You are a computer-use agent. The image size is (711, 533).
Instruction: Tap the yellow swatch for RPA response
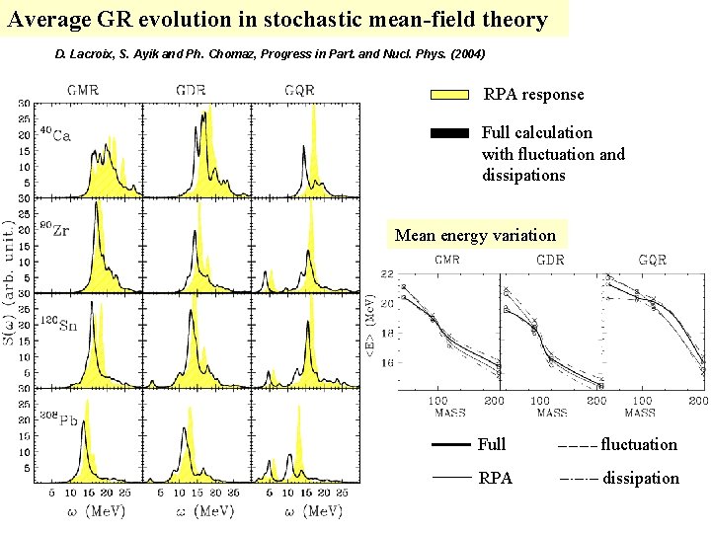[x=449, y=95]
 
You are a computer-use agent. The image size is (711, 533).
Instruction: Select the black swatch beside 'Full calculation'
[x=449, y=132]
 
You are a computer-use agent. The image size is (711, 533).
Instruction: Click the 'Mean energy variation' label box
[x=475, y=235]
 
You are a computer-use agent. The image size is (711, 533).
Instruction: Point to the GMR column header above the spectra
[x=82, y=90]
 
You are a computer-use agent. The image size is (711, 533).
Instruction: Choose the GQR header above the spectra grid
[x=298, y=90]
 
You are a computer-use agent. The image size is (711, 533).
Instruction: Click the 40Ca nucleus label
[x=54, y=134]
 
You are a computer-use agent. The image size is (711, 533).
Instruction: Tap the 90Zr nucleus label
[x=54, y=230]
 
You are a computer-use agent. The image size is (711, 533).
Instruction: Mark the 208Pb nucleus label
[x=58, y=419]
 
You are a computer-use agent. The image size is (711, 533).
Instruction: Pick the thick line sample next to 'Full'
[x=450, y=445]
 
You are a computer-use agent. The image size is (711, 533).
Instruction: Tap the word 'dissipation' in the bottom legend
[x=641, y=479]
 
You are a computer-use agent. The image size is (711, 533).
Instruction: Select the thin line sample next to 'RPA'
[x=450, y=479]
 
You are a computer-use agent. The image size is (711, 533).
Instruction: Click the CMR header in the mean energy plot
[x=446, y=261]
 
